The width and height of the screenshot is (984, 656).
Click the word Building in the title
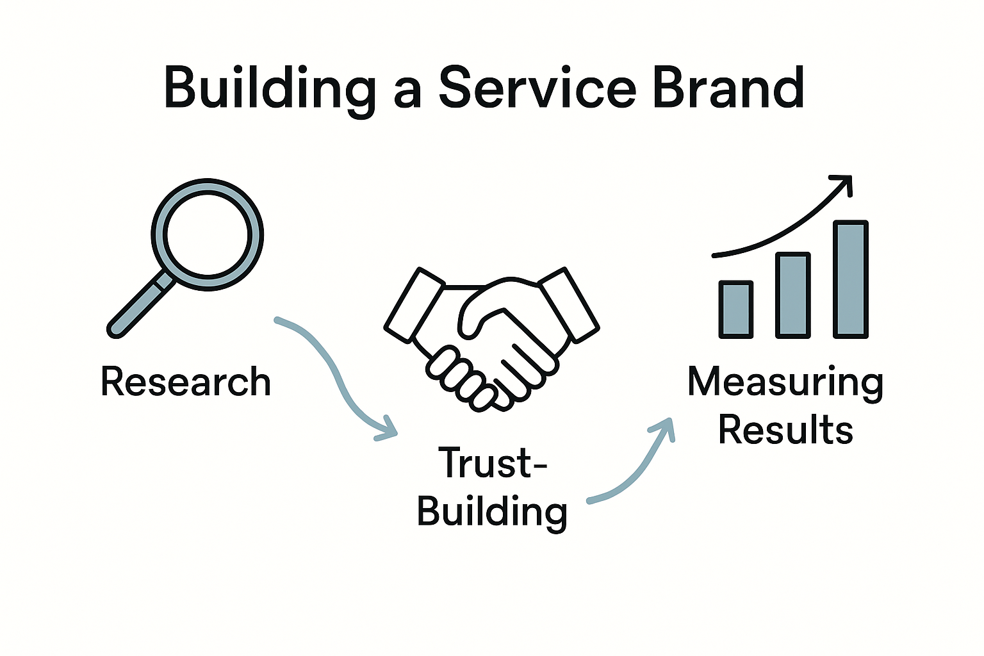269,88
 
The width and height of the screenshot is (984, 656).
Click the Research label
186,382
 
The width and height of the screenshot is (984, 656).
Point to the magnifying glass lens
207,234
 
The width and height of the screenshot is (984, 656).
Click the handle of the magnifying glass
138,307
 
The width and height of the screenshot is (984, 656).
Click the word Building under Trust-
492,512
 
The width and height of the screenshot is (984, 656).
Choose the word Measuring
785,382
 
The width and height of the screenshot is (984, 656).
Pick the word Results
785,430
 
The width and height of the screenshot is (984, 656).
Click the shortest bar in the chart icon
735,309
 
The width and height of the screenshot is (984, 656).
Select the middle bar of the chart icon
793,295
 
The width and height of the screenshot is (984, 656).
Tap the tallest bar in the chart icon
851,279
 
